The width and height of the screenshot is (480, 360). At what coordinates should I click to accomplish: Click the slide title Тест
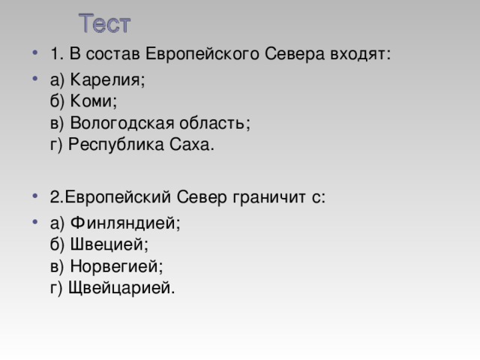[x=105, y=23]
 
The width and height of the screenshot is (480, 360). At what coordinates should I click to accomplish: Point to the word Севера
[x=294, y=54]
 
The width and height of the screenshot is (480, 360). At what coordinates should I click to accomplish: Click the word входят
[x=360, y=55]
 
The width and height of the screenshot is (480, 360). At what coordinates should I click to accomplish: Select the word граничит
[x=269, y=197]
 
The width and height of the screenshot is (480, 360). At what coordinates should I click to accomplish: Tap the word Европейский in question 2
[x=118, y=197]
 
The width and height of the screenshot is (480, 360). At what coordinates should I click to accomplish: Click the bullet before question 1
[x=35, y=52]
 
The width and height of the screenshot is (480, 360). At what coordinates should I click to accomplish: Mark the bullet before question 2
[x=35, y=196]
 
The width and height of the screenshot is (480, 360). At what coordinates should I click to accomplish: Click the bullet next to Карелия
[x=35, y=78]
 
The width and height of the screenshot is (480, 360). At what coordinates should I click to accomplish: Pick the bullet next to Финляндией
[x=35, y=221]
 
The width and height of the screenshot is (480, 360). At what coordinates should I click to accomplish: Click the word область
[x=214, y=123]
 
